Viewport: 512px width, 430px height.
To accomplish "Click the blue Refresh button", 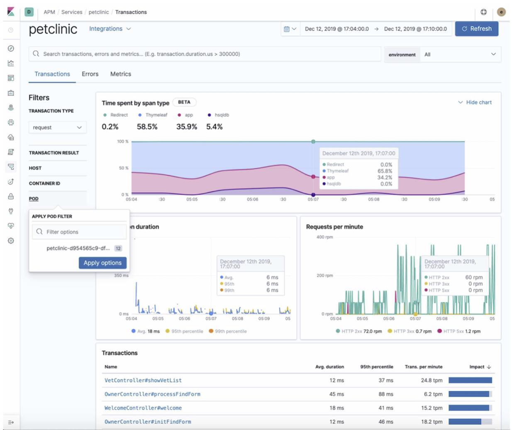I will pyautogui.click(x=476, y=29).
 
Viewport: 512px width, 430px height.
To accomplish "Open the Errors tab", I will pyautogui.click(x=90, y=74).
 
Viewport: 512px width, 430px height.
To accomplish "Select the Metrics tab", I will pyautogui.click(x=120, y=74).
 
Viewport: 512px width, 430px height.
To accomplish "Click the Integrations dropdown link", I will pyautogui.click(x=110, y=29).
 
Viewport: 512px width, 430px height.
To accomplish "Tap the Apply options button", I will pyautogui.click(x=102, y=263).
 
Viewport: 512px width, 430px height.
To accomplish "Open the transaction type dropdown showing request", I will pyautogui.click(x=57, y=127).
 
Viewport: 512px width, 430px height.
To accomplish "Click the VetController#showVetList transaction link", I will pyautogui.click(x=143, y=380).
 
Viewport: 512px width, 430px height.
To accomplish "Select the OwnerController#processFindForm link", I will pyautogui.click(x=152, y=394).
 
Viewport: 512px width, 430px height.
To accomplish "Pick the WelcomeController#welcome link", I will pyautogui.click(x=143, y=408).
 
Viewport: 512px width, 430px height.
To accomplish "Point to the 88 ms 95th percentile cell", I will pyautogui.click(x=385, y=394).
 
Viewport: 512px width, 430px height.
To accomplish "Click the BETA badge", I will pyautogui.click(x=184, y=102).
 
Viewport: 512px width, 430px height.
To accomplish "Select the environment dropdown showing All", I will pyautogui.click(x=459, y=54).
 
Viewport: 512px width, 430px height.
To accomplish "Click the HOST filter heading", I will pyautogui.click(x=35, y=168).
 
